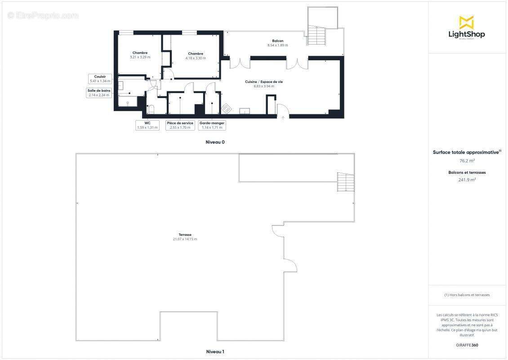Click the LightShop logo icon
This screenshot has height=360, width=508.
(x=466, y=22)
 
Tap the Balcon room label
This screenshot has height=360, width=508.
(x=277, y=41)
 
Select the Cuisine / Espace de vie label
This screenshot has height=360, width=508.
(x=263, y=81)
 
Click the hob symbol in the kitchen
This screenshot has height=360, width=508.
(x=227, y=108)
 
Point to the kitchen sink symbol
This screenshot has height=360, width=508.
(x=245, y=111)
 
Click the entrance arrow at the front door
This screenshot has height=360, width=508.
(x=283, y=117)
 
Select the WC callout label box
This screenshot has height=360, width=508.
(x=147, y=125)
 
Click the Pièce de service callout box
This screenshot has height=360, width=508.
(x=180, y=125)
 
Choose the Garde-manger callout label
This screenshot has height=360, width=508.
(x=212, y=125)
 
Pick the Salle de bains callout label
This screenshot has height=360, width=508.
(x=99, y=93)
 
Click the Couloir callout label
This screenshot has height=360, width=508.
(x=100, y=79)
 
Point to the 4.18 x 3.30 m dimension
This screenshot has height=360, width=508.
(x=196, y=58)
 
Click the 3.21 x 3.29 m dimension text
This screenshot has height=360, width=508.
(x=140, y=57)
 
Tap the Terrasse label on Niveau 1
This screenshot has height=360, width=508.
(x=185, y=234)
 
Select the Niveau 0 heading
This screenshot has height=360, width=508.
(x=215, y=142)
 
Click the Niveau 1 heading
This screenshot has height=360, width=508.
(x=215, y=351)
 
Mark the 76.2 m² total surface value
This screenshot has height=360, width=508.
(x=467, y=160)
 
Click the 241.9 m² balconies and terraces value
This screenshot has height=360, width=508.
(x=467, y=180)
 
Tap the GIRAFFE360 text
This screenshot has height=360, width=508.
(x=467, y=345)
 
